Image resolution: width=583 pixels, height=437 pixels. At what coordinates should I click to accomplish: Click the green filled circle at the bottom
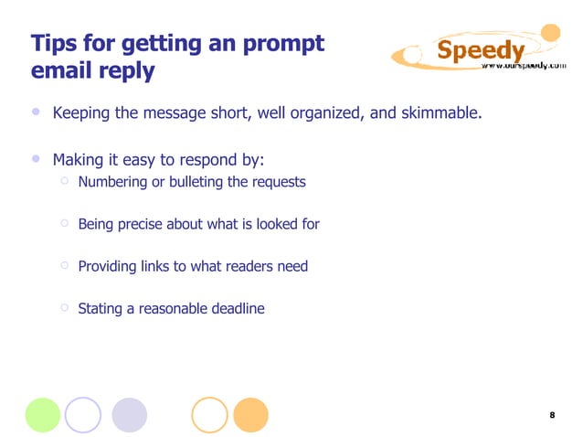tap(43, 414)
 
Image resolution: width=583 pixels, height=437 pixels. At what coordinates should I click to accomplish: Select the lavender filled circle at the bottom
tap(129, 414)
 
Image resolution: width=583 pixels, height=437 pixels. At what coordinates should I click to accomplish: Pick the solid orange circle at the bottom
tap(250, 414)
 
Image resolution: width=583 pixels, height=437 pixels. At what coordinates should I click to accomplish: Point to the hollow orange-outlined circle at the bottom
tap(210, 414)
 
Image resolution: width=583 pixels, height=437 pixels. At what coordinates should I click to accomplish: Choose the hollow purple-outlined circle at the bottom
tap(82, 414)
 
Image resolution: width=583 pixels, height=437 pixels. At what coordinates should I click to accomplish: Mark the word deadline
tap(236, 309)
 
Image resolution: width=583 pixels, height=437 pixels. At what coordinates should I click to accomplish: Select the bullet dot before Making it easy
tap(35, 158)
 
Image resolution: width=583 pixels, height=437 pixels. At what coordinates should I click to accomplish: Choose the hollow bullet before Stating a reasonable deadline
tap(65, 307)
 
